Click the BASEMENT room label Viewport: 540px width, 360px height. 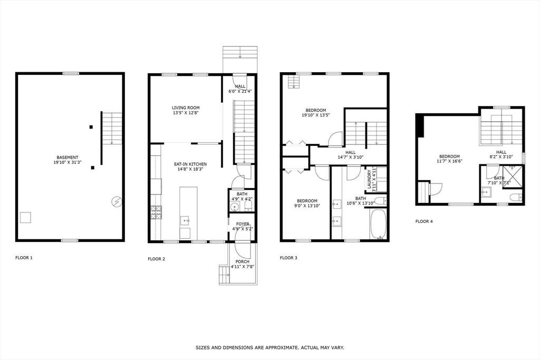point(67,157)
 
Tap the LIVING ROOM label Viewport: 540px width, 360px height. point(185,108)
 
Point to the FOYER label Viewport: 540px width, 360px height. point(243,224)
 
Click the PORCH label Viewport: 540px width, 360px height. point(243,261)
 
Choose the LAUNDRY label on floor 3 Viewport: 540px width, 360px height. point(369,179)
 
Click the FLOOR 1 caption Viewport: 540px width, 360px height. point(24,258)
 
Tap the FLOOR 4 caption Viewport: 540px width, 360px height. point(424,221)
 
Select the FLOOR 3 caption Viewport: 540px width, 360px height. point(288,258)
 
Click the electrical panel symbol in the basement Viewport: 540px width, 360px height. point(116,201)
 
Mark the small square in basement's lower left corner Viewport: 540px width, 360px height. point(25,217)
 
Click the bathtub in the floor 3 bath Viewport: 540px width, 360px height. point(379,224)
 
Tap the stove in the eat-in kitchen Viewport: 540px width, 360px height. point(156,211)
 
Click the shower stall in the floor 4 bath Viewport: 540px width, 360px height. point(513,176)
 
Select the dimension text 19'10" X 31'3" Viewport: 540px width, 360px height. point(67,162)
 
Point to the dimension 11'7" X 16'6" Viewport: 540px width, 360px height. point(450,162)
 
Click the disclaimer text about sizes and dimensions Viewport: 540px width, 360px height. point(270,347)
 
